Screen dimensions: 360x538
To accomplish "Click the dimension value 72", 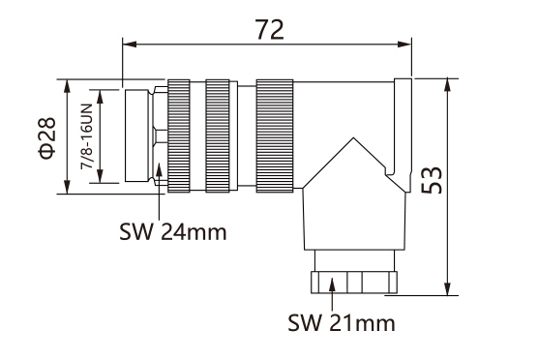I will (x=270, y=28).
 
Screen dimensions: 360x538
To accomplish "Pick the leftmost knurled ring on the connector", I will (x=181, y=135).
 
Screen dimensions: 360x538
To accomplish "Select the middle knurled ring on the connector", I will (x=220, y=135).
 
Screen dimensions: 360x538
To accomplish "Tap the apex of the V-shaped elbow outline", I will (x=346, y=137).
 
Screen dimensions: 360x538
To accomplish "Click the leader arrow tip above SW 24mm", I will (x=158, y=170).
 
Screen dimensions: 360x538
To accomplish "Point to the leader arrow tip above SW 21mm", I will (x=332, y=281).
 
